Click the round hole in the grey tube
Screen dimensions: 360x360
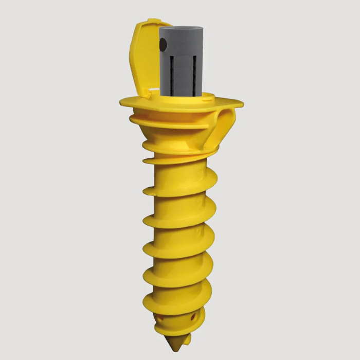point(164,47)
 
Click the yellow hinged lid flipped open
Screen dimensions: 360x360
point(145,57)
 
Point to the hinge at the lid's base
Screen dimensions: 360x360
point(149,93)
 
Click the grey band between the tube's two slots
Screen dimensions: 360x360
point(183,72)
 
